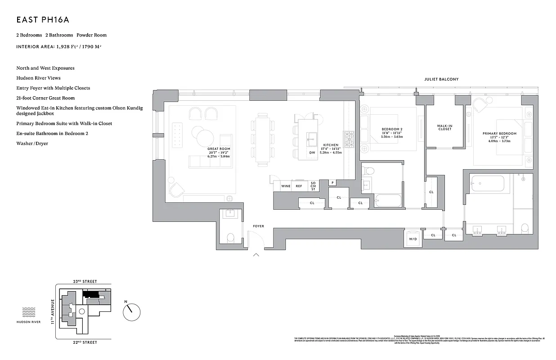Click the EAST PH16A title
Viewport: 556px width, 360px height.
coord(42,20)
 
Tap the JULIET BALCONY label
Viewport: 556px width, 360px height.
coord(441,79)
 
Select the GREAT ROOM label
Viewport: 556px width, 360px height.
coord(219,148)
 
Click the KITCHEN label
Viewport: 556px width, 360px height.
coord(331,144)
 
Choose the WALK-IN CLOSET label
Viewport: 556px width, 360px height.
coord(444,127)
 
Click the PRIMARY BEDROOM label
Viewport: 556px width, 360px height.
coord(499,134)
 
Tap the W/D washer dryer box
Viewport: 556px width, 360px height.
coord(413,239)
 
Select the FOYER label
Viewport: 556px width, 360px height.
coord(258,226)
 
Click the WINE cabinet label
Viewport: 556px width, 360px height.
coord(286,186)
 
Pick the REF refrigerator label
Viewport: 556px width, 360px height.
coord(299,186)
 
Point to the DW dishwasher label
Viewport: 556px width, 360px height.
coord(312,153)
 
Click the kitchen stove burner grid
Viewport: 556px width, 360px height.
coord(349,139)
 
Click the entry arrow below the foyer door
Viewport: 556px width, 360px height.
coord(256,255)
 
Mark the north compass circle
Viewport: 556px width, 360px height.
coord(131,310)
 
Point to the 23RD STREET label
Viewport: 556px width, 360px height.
coord(85,281)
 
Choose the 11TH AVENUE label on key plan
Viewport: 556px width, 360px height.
coord(53,311)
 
